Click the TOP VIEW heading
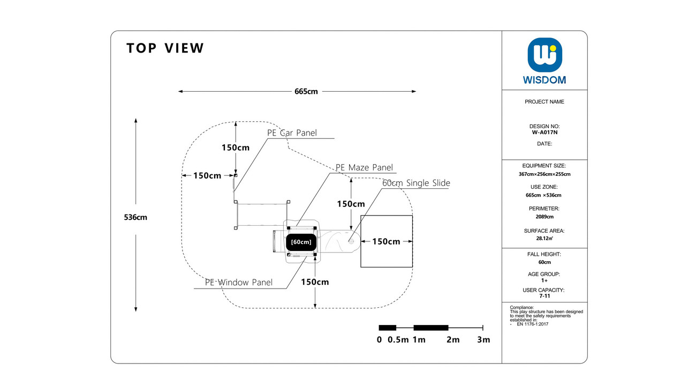pyautogui.click(x=165, y=48)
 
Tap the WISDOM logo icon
pyautogui.click(x=544, y=55)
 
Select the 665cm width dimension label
pyautogui.click(x=306, y=92)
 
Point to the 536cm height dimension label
pyautogui.click(x=135, y=217)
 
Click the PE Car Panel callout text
pyautogui.click(x=292, y=133)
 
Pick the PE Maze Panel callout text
pyautogui.click(x=364, y=167)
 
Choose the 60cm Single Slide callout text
pyautogui.click(x=416, y=183)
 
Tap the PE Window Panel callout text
pyautogui.click(x=239, y=282)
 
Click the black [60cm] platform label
pyautogui.click(x=301, y=242)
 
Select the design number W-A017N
pyautogui.click(x=544, y=132)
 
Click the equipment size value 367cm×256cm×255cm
pyautogui.click(x=544, y=174)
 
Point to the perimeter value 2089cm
pyautogui.click(x=544, y=217)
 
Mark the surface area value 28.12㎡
pyautogui.click(x=544, y=238)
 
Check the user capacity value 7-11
pyautogui.click(x=544, y=296)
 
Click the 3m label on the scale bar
pyautogui.click(x=483, y=339)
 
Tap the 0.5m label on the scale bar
pyautogui.click(x=398, y=339)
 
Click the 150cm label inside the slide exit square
pyautogui.click(x=386, y=241)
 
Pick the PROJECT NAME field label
pyautogui.click(x=544, y=102)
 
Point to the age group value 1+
pyautogui.click(x=544, y=280)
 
